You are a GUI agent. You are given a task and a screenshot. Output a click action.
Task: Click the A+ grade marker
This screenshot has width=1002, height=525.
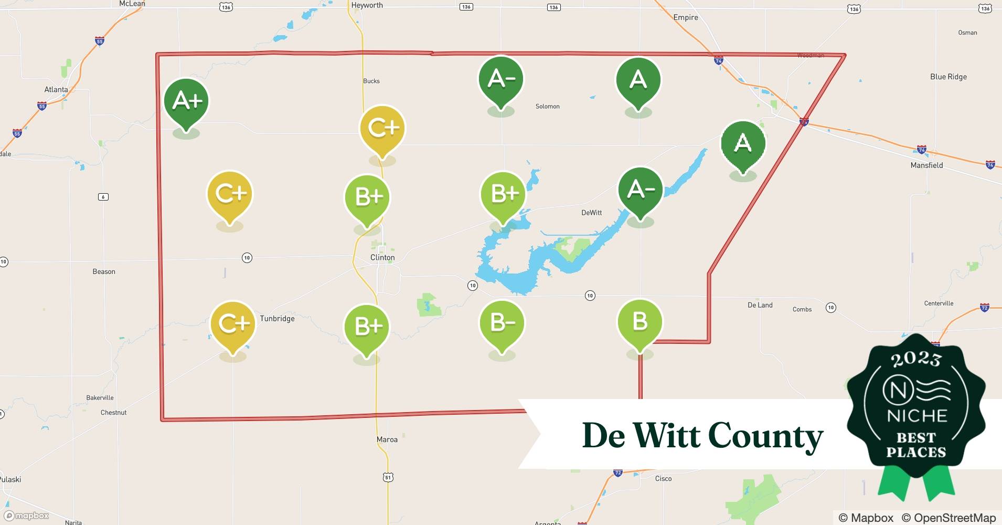186,101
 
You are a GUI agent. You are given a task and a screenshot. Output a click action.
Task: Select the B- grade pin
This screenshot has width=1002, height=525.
502,322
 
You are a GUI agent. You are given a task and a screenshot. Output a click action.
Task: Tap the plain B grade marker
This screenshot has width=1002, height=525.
640,321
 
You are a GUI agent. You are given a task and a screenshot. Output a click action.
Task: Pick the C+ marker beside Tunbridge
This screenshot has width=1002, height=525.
233,323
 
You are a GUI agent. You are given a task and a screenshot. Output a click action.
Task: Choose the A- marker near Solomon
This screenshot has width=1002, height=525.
501,79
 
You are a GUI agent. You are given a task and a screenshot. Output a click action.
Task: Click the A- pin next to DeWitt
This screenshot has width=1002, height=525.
641,190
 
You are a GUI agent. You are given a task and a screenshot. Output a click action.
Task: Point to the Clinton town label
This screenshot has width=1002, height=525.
382,258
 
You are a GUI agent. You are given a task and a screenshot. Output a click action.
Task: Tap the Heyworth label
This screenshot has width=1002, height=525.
367,5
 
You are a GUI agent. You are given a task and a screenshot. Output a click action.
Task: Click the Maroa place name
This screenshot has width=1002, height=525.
387,439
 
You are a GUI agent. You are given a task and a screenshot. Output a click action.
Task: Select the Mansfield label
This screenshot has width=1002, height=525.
926,165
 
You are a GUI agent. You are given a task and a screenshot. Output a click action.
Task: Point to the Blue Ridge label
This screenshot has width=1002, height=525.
948,77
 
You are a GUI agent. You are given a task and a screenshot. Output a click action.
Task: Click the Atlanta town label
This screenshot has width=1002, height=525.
56,89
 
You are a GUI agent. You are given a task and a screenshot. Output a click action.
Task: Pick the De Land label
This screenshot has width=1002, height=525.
760,305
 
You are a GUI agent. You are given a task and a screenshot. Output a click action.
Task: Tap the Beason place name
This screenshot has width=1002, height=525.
104,271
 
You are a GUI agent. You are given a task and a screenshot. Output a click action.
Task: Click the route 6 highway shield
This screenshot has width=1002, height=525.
103,197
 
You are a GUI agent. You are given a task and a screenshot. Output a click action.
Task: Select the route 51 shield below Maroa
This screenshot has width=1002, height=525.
388,477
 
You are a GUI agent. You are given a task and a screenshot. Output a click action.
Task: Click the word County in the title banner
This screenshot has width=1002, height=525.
765,436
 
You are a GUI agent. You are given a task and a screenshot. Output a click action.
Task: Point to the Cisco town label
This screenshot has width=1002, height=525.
663,478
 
